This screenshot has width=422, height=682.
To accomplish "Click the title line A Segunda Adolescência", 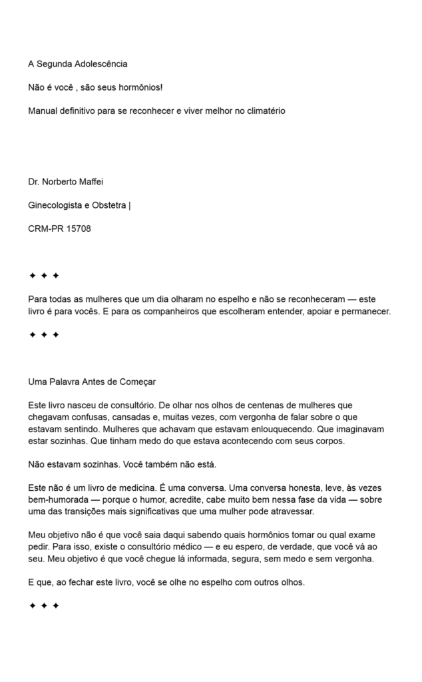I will coord(78,64).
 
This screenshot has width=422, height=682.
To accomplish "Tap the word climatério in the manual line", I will coord(262,111).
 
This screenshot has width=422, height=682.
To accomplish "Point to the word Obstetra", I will coord(107,205).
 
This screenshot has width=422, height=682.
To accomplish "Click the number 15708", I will coord(79,228).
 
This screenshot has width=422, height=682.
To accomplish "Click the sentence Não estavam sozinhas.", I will coord(73,464).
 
